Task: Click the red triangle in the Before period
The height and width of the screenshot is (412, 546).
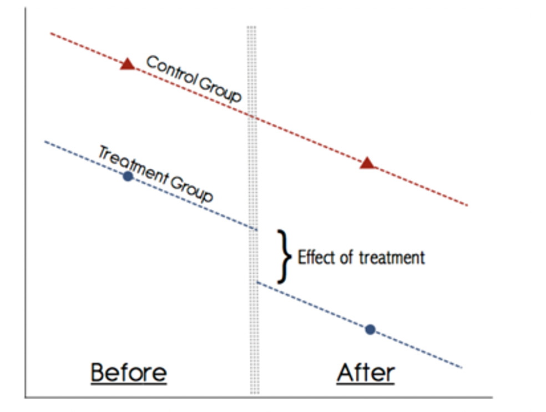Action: pyautogui.click(x=128, y=64)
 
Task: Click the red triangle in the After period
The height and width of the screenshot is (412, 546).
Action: pyautogui.click(x=367, y=163)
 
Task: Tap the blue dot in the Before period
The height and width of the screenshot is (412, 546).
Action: pyautogui.click(x=128, y=177)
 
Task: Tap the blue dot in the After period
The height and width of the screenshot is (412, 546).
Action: pyautogui.click(x=370, y=329)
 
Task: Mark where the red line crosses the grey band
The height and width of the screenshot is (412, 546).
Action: pyautogui.click(x=253, y=117)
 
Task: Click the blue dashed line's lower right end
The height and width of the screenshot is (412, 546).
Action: pyautogui.click(x=461, y=367)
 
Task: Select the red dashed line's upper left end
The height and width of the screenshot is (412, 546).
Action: pyautogui.click(x=51, y=33)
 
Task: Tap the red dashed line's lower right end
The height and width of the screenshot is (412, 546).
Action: pyautogui.click(x=467, y=205)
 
